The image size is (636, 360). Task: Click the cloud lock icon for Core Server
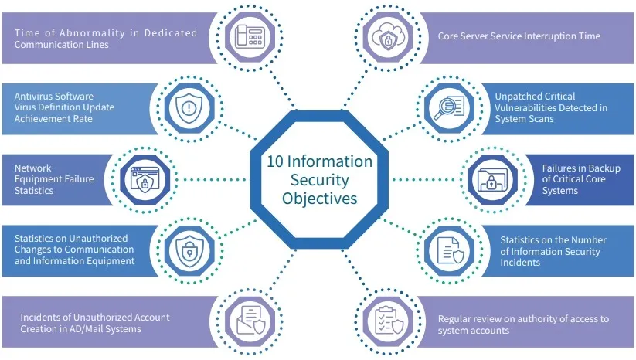tap(387, 36)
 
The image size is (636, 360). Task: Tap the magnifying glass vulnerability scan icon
tap(447, 107)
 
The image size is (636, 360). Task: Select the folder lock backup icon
tap(492, 180)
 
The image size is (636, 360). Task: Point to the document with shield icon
tap(449, 250)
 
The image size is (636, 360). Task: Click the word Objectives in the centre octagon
tap(319, 198)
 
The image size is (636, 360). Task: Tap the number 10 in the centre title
tap(275, 162)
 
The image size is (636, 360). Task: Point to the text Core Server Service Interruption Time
tap(519, 36)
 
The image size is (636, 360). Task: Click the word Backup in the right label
tap(585, 168)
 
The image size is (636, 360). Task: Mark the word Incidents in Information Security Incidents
tap(521, 263)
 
